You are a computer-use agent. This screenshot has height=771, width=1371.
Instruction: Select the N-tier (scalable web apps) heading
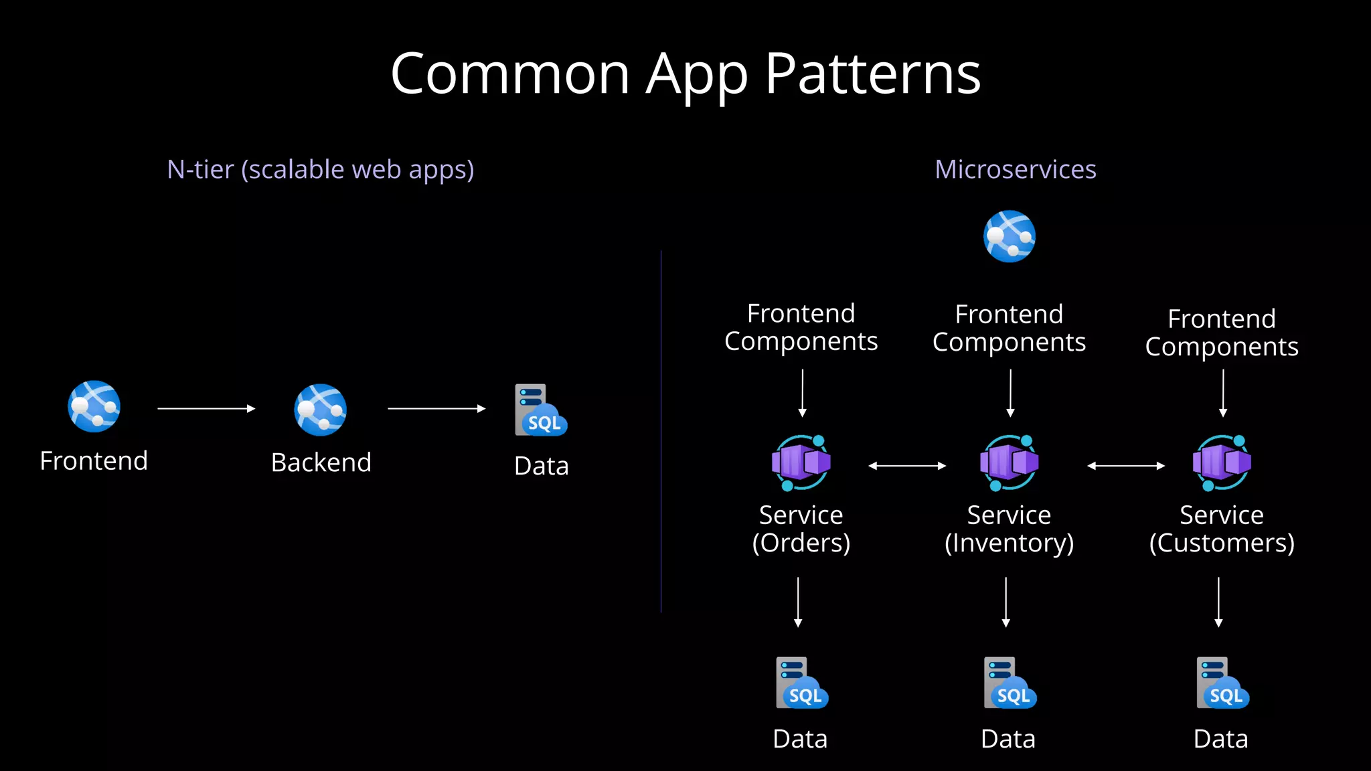(x=321, y=170)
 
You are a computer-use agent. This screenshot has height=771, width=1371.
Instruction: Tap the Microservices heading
(x=1015, y=169)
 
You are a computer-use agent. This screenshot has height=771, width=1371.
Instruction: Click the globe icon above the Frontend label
(x=94, y=406)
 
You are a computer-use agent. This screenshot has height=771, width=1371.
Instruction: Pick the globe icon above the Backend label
(x=321, y=410)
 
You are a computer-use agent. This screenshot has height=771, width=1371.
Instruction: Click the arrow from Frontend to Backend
(x=206, y=408)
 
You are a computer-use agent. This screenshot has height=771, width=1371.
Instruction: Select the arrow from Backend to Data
(x=436, y=408)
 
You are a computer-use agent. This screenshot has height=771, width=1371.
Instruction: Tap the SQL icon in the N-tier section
(x=541, y=410)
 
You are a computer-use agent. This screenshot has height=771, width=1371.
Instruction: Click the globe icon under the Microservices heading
(x=1010, y=236)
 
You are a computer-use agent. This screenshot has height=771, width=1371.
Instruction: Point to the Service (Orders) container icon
(x=801, y=462)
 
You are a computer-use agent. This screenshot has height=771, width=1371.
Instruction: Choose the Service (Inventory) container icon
(x=1010, y=462)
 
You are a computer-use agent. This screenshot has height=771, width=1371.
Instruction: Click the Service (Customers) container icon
(x=1222, y=462)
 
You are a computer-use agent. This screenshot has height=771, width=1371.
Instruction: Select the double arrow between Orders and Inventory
(x=907, y=466)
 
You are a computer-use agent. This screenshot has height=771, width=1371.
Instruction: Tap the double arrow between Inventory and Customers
(x=1126, y=466)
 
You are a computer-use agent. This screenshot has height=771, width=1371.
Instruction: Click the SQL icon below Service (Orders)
(x=802, y=683)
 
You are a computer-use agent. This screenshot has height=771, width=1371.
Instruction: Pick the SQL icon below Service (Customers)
(x=1222, y=683)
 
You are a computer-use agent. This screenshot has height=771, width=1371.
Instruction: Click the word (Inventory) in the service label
(x=1009, y=543)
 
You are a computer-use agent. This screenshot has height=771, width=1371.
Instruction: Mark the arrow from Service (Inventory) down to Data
(x=1006, y=602)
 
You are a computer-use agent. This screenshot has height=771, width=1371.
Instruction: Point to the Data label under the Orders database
(x=800, y=739)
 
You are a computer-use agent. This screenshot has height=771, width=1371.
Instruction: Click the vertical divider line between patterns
(x=661, y=432)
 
